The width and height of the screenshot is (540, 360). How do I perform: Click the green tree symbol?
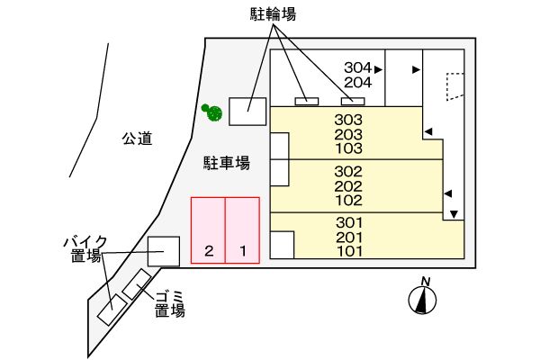tap(213, 112)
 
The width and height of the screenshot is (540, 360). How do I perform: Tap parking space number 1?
tap(242, 251)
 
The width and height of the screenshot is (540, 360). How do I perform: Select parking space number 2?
tap(208, 251)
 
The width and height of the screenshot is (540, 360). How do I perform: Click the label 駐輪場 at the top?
tap(273, 14)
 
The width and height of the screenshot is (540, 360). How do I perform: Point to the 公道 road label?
tap(137, 139)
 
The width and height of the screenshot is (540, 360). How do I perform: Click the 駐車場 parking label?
tap(226, 162)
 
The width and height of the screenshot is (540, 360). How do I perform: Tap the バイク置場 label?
tap(85, 248)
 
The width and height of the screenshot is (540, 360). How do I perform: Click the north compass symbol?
tap(421, 300)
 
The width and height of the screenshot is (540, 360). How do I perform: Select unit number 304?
tap(357, 67)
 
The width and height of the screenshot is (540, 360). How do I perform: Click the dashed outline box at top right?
tap(454, 85)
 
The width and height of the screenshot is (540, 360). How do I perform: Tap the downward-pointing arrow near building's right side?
tap(454, 213)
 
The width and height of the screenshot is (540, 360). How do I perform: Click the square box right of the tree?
tap(247, 111)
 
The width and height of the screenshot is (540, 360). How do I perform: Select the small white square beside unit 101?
tap(282, 244)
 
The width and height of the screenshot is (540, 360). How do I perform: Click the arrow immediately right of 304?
tap(379, 68)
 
